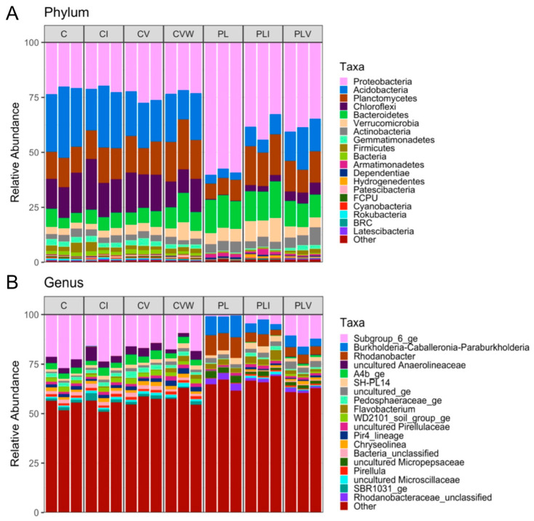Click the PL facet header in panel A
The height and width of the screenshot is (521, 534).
tap(222, 34)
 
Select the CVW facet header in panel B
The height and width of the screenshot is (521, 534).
tap(182, 306)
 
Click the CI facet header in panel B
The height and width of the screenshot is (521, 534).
tap(103, 306)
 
